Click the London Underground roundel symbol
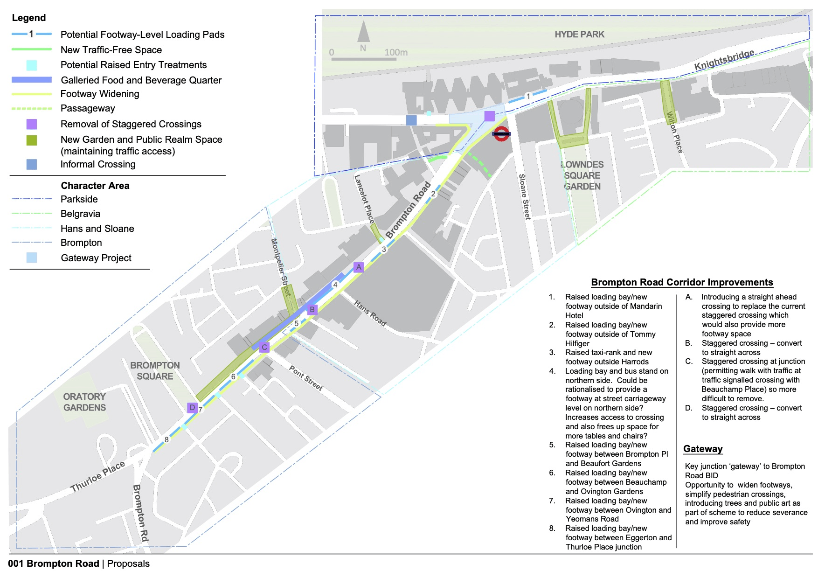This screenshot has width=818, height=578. coord(501,134)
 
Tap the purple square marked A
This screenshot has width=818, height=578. coord(358,267)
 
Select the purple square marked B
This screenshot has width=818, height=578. coord(312,309)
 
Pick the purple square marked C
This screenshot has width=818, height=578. coord(264,347)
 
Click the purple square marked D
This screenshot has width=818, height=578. coord(192,407)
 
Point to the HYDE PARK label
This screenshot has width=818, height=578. coord(579,34)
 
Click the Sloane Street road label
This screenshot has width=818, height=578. coord(525,196)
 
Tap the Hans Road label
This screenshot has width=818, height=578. coord(370,313)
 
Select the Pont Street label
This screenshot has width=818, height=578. coord(306,378)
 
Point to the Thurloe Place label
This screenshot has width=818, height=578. coord(98,476)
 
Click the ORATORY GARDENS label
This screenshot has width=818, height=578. coord(84,402)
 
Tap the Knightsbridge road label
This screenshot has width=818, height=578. coord(724,60)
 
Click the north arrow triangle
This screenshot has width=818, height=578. coord(363,32)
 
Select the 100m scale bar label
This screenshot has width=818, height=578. coord(396,52)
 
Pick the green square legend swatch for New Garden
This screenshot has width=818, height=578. coord(32,140)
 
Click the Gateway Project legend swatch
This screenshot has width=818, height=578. coord(32,258)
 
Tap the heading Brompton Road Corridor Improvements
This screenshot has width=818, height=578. coord(682,282)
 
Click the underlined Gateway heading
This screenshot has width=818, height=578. coord(703,449)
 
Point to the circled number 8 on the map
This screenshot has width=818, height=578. coord(166,439)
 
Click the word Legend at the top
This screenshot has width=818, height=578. coord(29,18)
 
